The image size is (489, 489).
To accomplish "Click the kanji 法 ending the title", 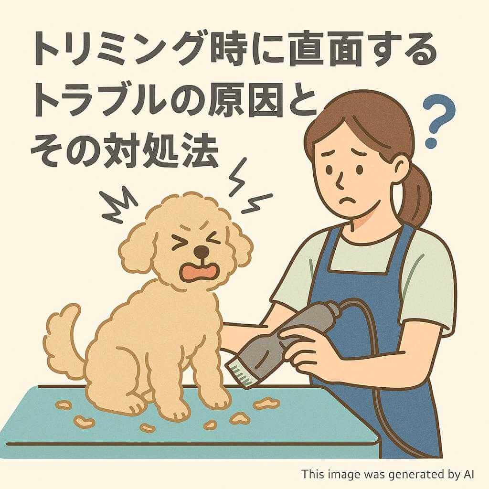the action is coord(199,151).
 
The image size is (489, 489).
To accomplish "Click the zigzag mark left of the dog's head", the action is coord(118,206).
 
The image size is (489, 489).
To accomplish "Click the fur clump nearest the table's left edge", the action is coord(64,405).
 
